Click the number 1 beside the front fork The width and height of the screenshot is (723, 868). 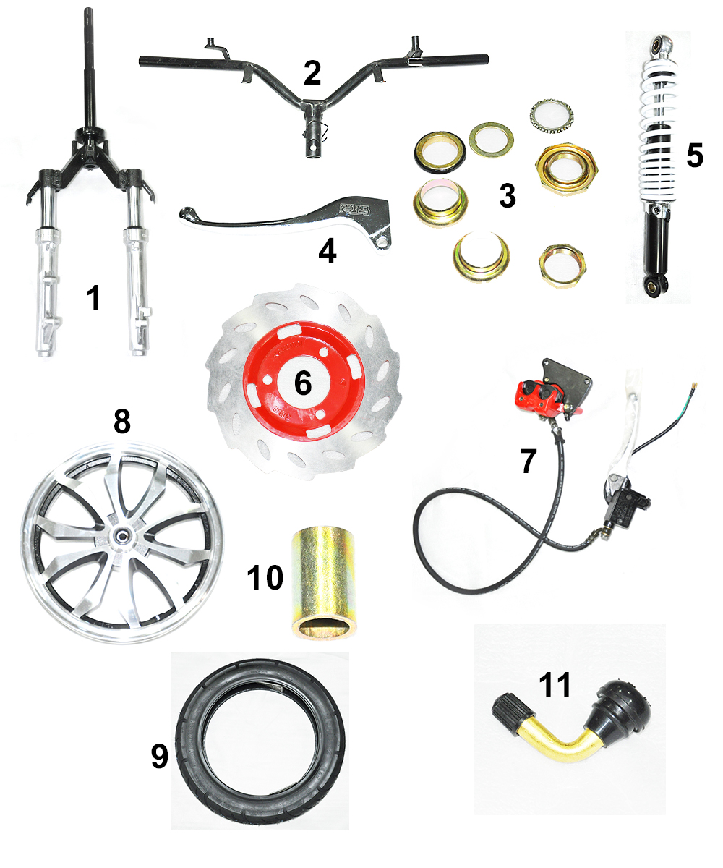tap(94, 297)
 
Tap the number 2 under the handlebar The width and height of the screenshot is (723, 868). tap(312, 73)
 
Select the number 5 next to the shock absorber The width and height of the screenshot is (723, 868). tap(694, 156)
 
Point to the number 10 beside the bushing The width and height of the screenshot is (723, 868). tap(265, 577)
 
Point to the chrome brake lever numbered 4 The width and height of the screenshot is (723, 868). tap(286, 221)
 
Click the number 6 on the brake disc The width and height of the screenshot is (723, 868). tap(303, 383)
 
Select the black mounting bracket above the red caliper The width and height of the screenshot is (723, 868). tap(568, 379)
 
